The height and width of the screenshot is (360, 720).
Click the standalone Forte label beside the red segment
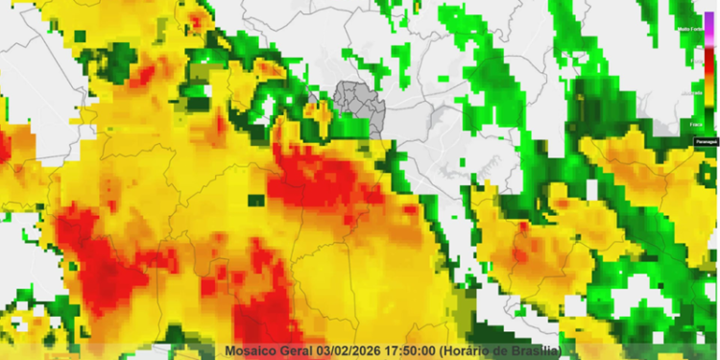coord(693,61)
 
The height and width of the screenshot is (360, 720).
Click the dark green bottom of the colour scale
coord(708,123)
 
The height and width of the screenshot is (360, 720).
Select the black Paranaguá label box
coord(706,142)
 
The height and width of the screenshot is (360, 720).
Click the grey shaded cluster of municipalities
coord(357,106)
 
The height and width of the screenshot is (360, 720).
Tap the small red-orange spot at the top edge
coord(199,18)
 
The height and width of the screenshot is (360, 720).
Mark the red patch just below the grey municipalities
coord(317,178)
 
